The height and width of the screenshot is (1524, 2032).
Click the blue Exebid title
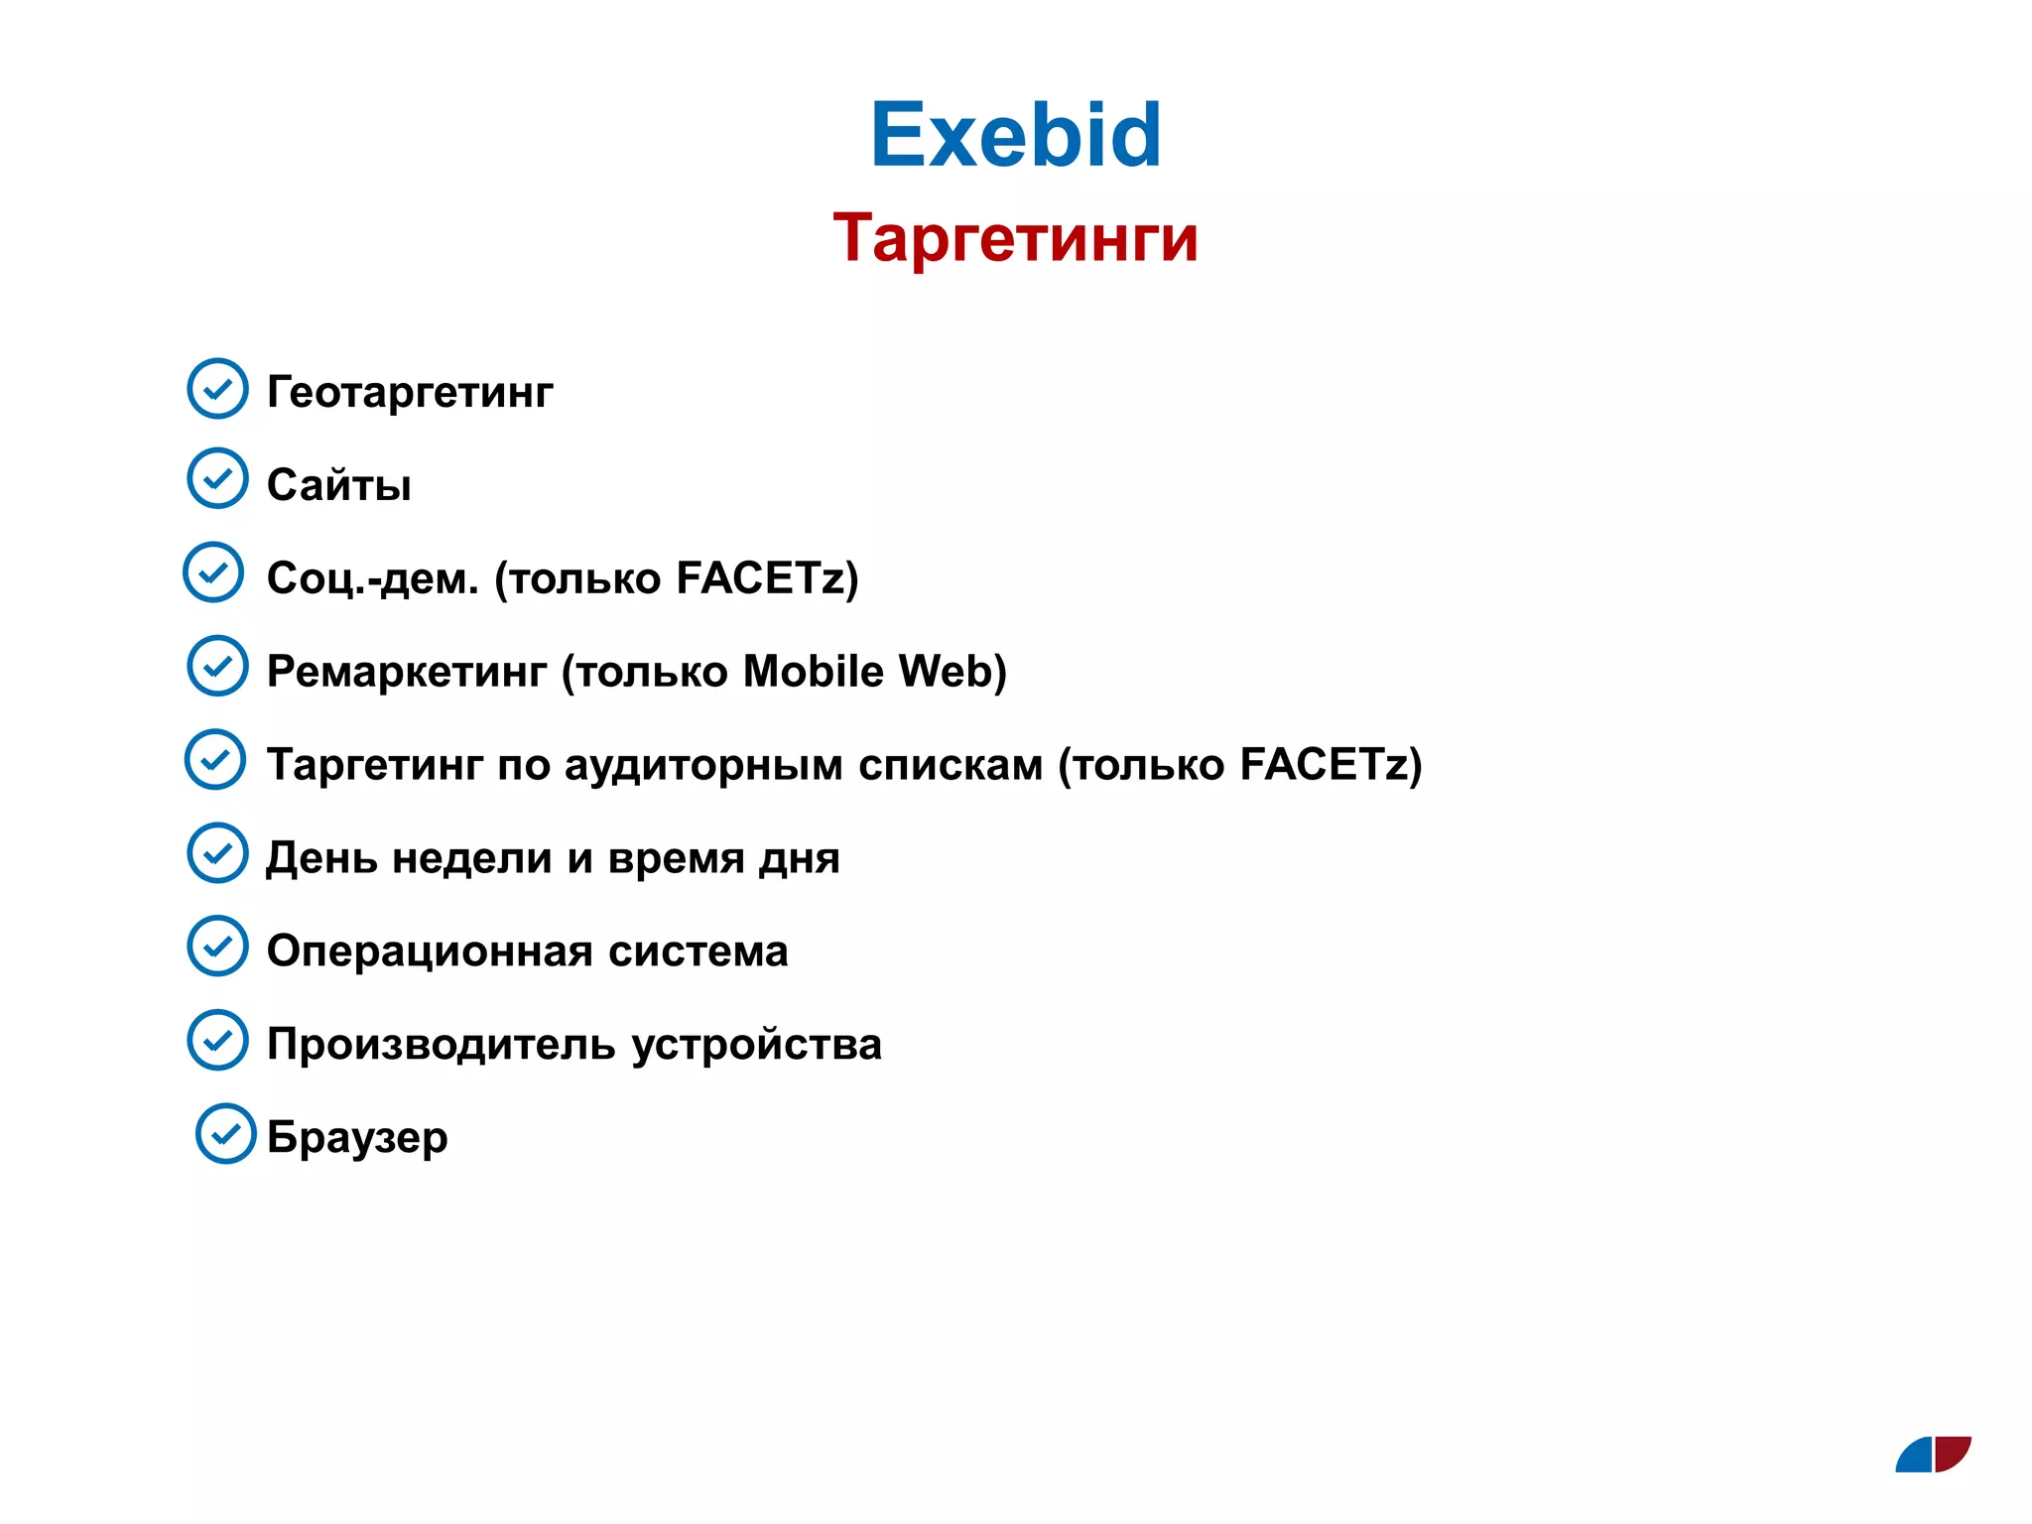tap(1015, 135)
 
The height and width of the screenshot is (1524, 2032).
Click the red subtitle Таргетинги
tap(1015, 239)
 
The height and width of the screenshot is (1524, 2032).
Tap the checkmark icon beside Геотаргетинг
tap(217, 388)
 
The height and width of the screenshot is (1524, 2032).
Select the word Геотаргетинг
tap(410, 392)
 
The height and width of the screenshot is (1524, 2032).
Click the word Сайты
tap(338, 485)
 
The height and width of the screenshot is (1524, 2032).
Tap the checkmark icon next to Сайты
tap(217, 478)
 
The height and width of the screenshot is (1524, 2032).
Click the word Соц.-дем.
tap(372, 577)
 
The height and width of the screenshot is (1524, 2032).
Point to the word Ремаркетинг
tap(406, 672)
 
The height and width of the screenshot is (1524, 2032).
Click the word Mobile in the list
tap(813, 671)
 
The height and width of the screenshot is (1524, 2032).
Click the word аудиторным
tap(703, 765)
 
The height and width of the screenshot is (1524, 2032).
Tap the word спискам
tap(950, 765)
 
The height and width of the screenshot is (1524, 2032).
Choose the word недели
tap(471, 858)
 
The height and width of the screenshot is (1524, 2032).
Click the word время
tap(675, 858)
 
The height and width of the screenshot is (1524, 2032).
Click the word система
tap(698, 952)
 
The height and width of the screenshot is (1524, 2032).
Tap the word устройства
tap(756, 1045)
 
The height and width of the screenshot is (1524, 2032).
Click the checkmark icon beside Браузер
tap(226, 1133)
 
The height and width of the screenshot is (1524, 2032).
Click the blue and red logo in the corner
tap(1933, 1455)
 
